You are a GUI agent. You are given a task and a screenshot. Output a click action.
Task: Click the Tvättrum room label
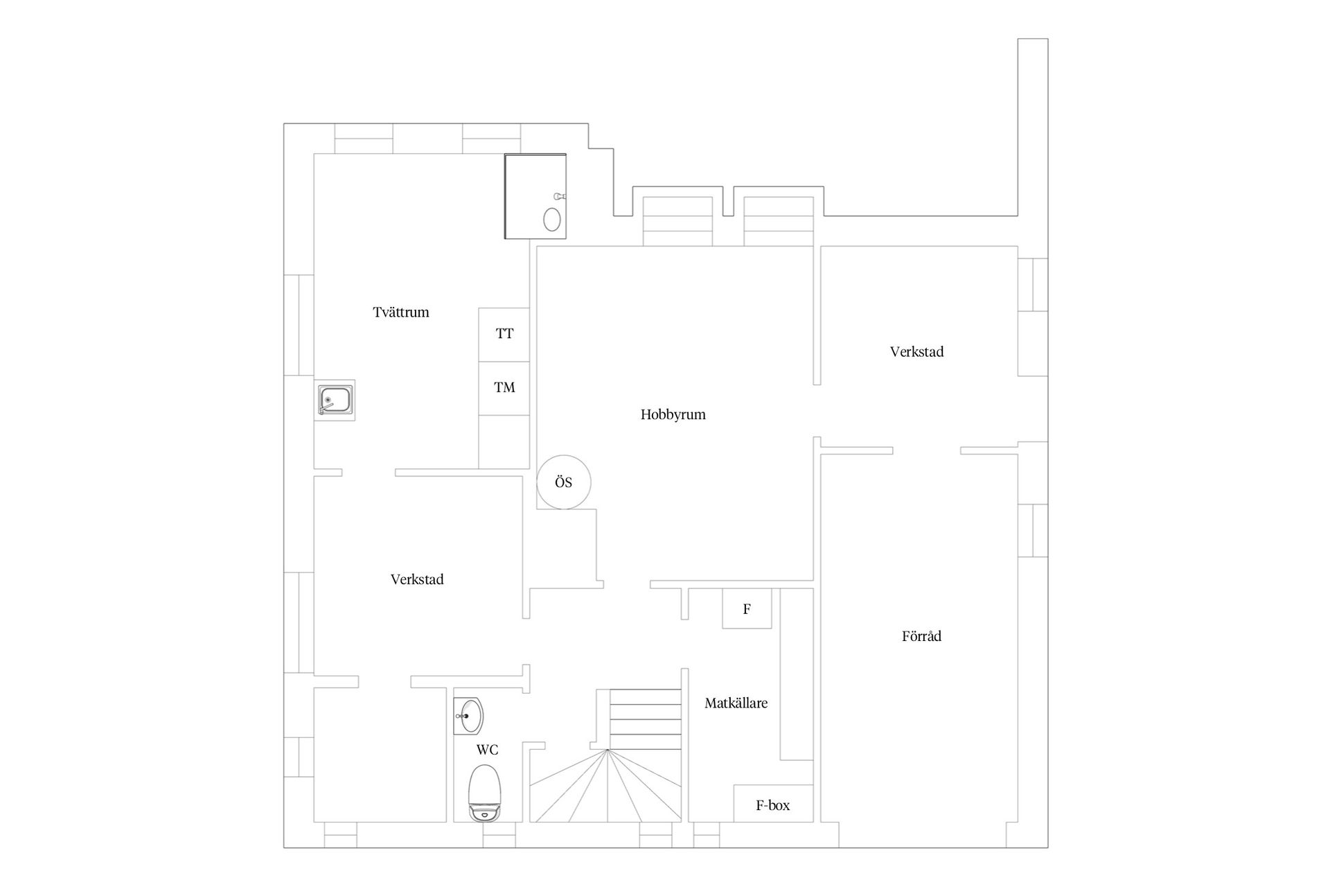(x=400, y=312)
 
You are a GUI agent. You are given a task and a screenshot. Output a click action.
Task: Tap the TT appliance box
(x=504, y=334)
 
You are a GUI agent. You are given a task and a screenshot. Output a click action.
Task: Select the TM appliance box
(x=504, y=388)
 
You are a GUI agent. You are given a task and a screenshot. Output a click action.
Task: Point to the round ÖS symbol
(x=564, y=482)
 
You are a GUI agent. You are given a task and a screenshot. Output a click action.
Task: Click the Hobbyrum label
(x=673, y=415)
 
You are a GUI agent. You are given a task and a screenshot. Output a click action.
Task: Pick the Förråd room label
(x=921, y=636)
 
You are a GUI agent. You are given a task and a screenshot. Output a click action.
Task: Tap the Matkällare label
(x=736, y=703)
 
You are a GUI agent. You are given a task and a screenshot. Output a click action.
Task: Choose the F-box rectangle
(x=773, y=804)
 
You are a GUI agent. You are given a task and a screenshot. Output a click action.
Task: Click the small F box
(x=747, y=608)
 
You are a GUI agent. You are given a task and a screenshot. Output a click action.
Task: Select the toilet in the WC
(x=484, y=793)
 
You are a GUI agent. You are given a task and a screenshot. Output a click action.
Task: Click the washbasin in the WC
(x=469, y=715)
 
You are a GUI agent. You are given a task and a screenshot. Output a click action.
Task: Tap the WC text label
(x=487, y=750)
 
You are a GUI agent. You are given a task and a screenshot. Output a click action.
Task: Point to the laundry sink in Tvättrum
(x=335, y=401)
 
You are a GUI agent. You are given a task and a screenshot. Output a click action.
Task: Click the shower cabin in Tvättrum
(x=535, y=196)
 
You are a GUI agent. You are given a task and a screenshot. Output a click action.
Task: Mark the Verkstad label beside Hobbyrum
(x=916, y=352)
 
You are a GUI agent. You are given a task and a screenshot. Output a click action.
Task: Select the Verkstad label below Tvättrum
(x=417, y=579)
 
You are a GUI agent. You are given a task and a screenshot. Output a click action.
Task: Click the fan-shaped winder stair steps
(x=607, y=786)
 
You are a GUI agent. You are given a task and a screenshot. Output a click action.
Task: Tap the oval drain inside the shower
(x=552, y=219)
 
